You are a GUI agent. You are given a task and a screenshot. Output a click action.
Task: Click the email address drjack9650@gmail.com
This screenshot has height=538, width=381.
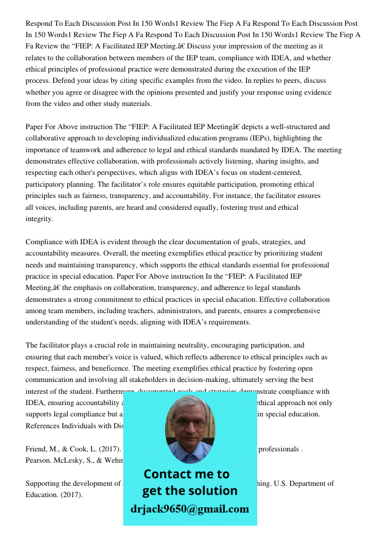[190, 508]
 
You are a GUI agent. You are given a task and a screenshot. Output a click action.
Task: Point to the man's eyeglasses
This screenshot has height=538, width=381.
[189, 423]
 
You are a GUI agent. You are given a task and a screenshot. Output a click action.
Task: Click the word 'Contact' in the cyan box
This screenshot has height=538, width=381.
[170, 474]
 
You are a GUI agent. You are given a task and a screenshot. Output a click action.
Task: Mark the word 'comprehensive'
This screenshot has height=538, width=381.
[294, 311]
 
